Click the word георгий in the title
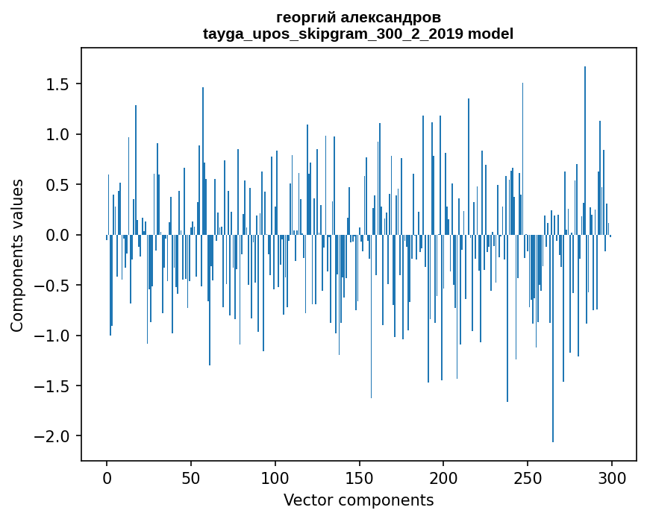307,18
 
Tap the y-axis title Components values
17,255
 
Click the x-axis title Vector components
358,500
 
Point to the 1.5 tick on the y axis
61,84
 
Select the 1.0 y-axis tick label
61,135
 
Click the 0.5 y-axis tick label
61,185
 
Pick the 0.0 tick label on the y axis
61,236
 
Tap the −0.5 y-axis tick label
57,286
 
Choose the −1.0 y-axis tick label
57,336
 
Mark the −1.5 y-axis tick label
57,386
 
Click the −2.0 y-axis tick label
57,436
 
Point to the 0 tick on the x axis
107,478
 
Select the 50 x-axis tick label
191,478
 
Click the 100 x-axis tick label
275,478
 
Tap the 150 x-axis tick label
360,478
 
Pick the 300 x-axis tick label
612,478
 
